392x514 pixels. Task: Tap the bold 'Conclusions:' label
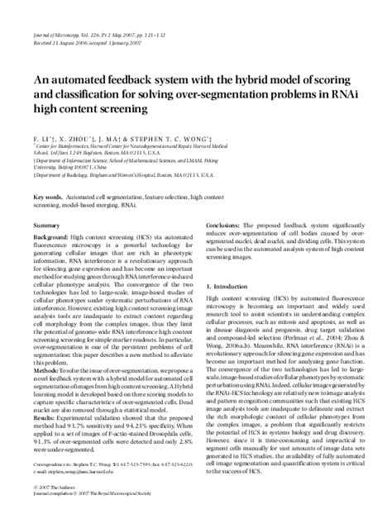[x=224, y=225]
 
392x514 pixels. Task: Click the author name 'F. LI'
[x=42, y=121]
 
